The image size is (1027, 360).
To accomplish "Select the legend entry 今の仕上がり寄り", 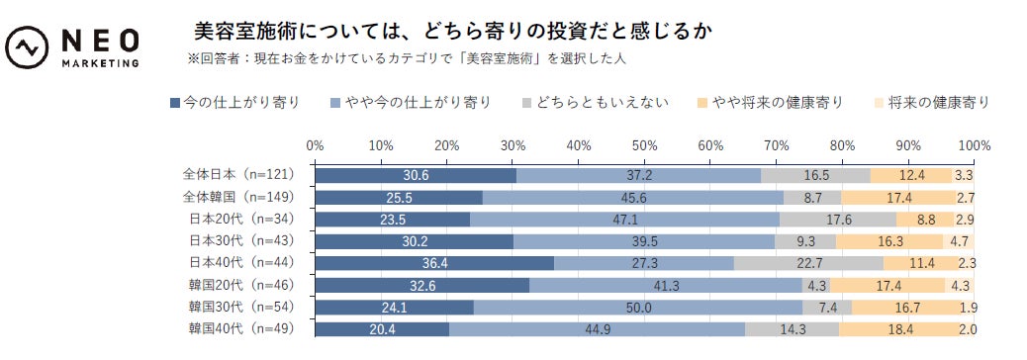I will pos(234,102).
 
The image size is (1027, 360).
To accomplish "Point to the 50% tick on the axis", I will pos(644,145).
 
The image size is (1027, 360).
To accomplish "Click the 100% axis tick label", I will pos(974,145).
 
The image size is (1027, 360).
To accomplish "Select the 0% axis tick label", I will pos(316,145).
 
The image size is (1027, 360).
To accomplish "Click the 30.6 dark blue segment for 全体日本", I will pos(416,175).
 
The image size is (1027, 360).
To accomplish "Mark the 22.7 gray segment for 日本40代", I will pos(808,263).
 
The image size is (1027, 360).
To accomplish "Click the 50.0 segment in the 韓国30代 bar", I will pos(638,307).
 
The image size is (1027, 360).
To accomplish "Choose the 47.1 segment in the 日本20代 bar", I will pos(624,219).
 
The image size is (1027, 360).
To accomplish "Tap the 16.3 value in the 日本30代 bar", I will pos(889,241).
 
